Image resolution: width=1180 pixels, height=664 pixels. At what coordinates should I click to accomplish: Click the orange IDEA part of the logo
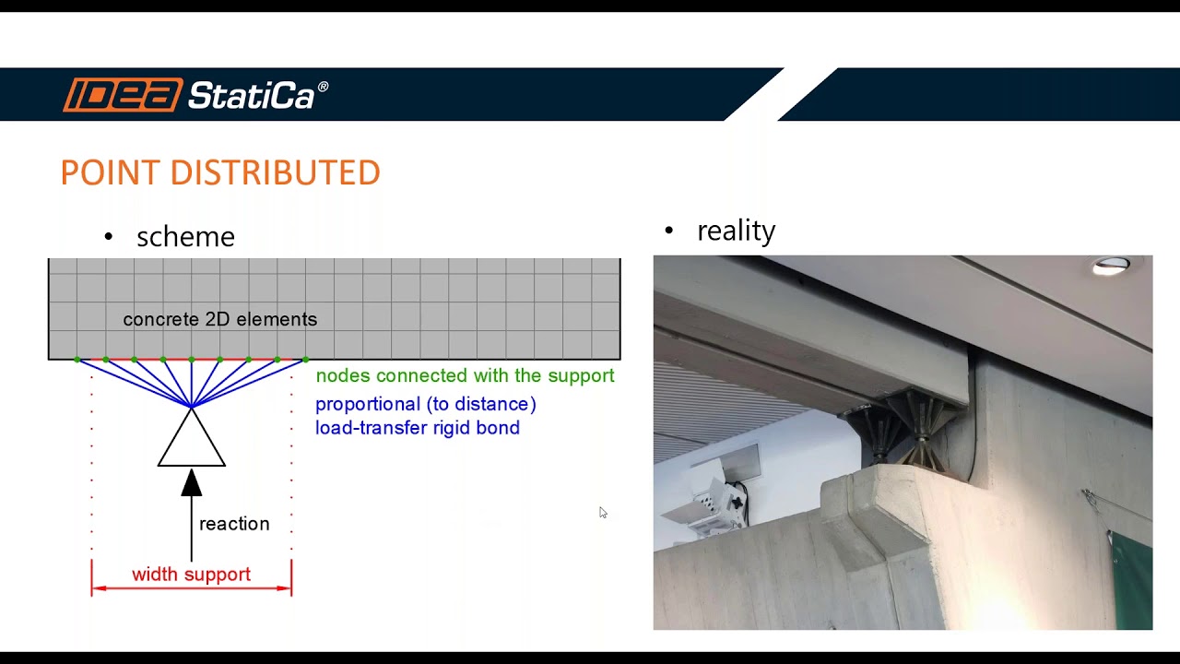(123, 95)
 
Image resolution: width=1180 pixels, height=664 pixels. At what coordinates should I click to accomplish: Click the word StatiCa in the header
(252, 95)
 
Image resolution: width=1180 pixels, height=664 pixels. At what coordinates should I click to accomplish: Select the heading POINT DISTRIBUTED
(220, 173)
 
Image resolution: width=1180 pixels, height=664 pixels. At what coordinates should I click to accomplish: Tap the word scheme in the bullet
(185, 237)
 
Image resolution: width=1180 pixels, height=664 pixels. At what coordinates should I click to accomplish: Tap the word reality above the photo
(736, 231)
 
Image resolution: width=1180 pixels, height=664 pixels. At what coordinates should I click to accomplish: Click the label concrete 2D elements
(219, 319)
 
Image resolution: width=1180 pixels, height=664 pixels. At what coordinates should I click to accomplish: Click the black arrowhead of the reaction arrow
(192, 481)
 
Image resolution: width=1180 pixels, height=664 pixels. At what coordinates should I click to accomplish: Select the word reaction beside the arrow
(234, 524)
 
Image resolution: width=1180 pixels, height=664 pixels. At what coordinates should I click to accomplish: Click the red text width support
(191, 575)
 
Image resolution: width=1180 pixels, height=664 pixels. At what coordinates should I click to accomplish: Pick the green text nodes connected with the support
(465, 375)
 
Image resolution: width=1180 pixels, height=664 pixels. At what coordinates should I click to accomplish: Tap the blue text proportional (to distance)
(425, 404)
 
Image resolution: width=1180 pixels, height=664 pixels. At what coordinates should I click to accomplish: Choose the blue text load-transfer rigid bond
(418, 428)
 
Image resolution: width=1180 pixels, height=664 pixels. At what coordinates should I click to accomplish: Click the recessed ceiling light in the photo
(1111, 267)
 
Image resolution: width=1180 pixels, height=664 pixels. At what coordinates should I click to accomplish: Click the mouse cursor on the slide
(602, 512)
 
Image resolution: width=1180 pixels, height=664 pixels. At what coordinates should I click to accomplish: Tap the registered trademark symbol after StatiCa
(323, 87)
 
